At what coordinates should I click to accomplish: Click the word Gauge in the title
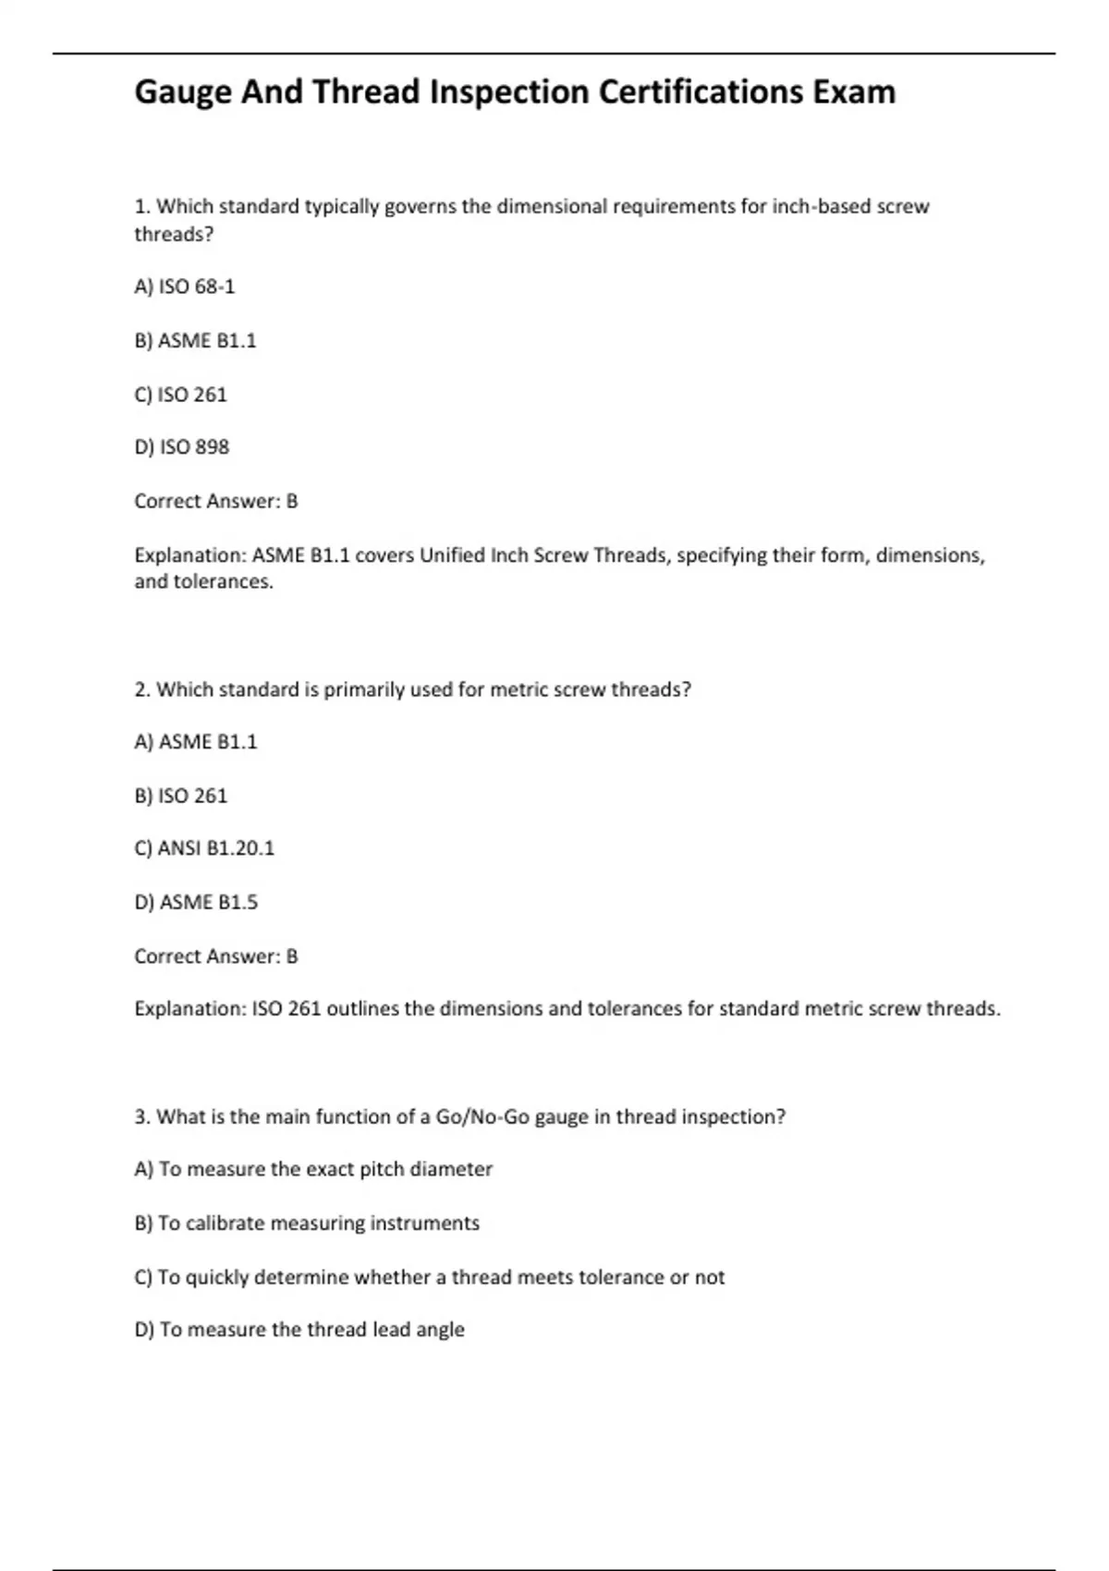pos(182,92)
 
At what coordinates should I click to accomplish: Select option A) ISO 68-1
pos(185,287)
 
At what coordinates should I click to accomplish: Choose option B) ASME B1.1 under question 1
pos(195,341)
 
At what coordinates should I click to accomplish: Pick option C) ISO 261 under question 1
pos(180,395)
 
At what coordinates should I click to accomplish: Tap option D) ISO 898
pos(182,447)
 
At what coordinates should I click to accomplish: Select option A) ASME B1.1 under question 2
pos(196,742)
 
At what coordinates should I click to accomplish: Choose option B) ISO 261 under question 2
pos(180,796)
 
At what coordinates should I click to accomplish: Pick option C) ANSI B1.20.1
pos(204,848)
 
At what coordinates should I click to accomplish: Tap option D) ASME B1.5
pos(196,902)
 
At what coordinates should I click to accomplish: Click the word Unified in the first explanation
pos(452,555)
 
